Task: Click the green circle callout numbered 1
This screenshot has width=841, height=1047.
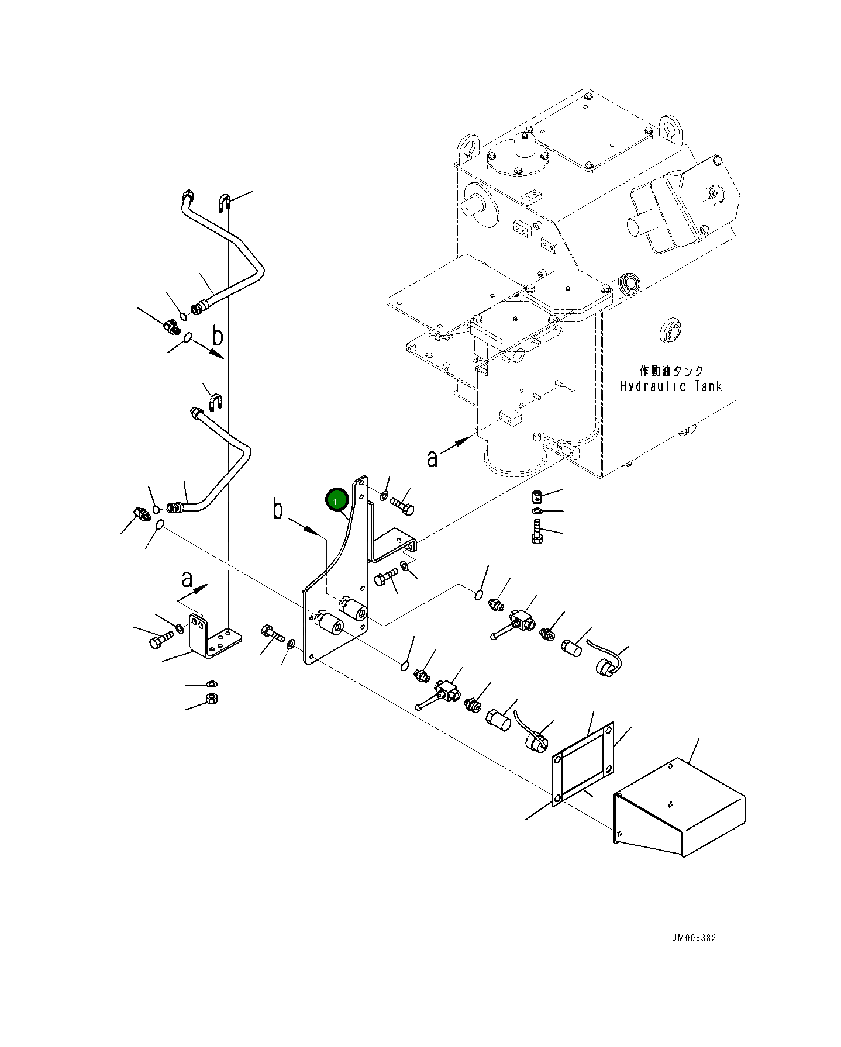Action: (337, 500)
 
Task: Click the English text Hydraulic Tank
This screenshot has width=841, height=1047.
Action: (671, 386)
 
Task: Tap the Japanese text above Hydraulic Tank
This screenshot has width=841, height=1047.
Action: (671, 371)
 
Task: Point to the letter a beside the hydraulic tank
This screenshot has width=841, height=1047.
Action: (432, 458)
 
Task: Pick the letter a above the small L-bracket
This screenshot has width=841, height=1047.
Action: (187, 579)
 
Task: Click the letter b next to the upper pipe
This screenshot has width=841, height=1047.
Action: (218, 337)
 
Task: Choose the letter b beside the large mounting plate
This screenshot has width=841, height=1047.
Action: (278, 510)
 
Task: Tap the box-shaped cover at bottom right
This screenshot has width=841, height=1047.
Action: (681, 807)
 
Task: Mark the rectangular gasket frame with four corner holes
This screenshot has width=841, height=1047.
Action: (583, 763)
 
